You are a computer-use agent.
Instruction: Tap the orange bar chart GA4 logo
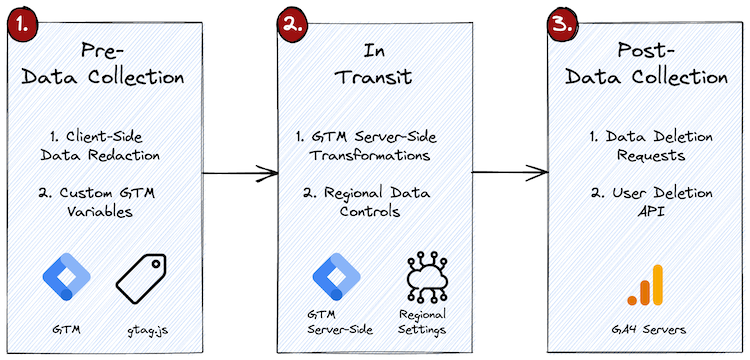645,285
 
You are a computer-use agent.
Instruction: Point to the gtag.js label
145,326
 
